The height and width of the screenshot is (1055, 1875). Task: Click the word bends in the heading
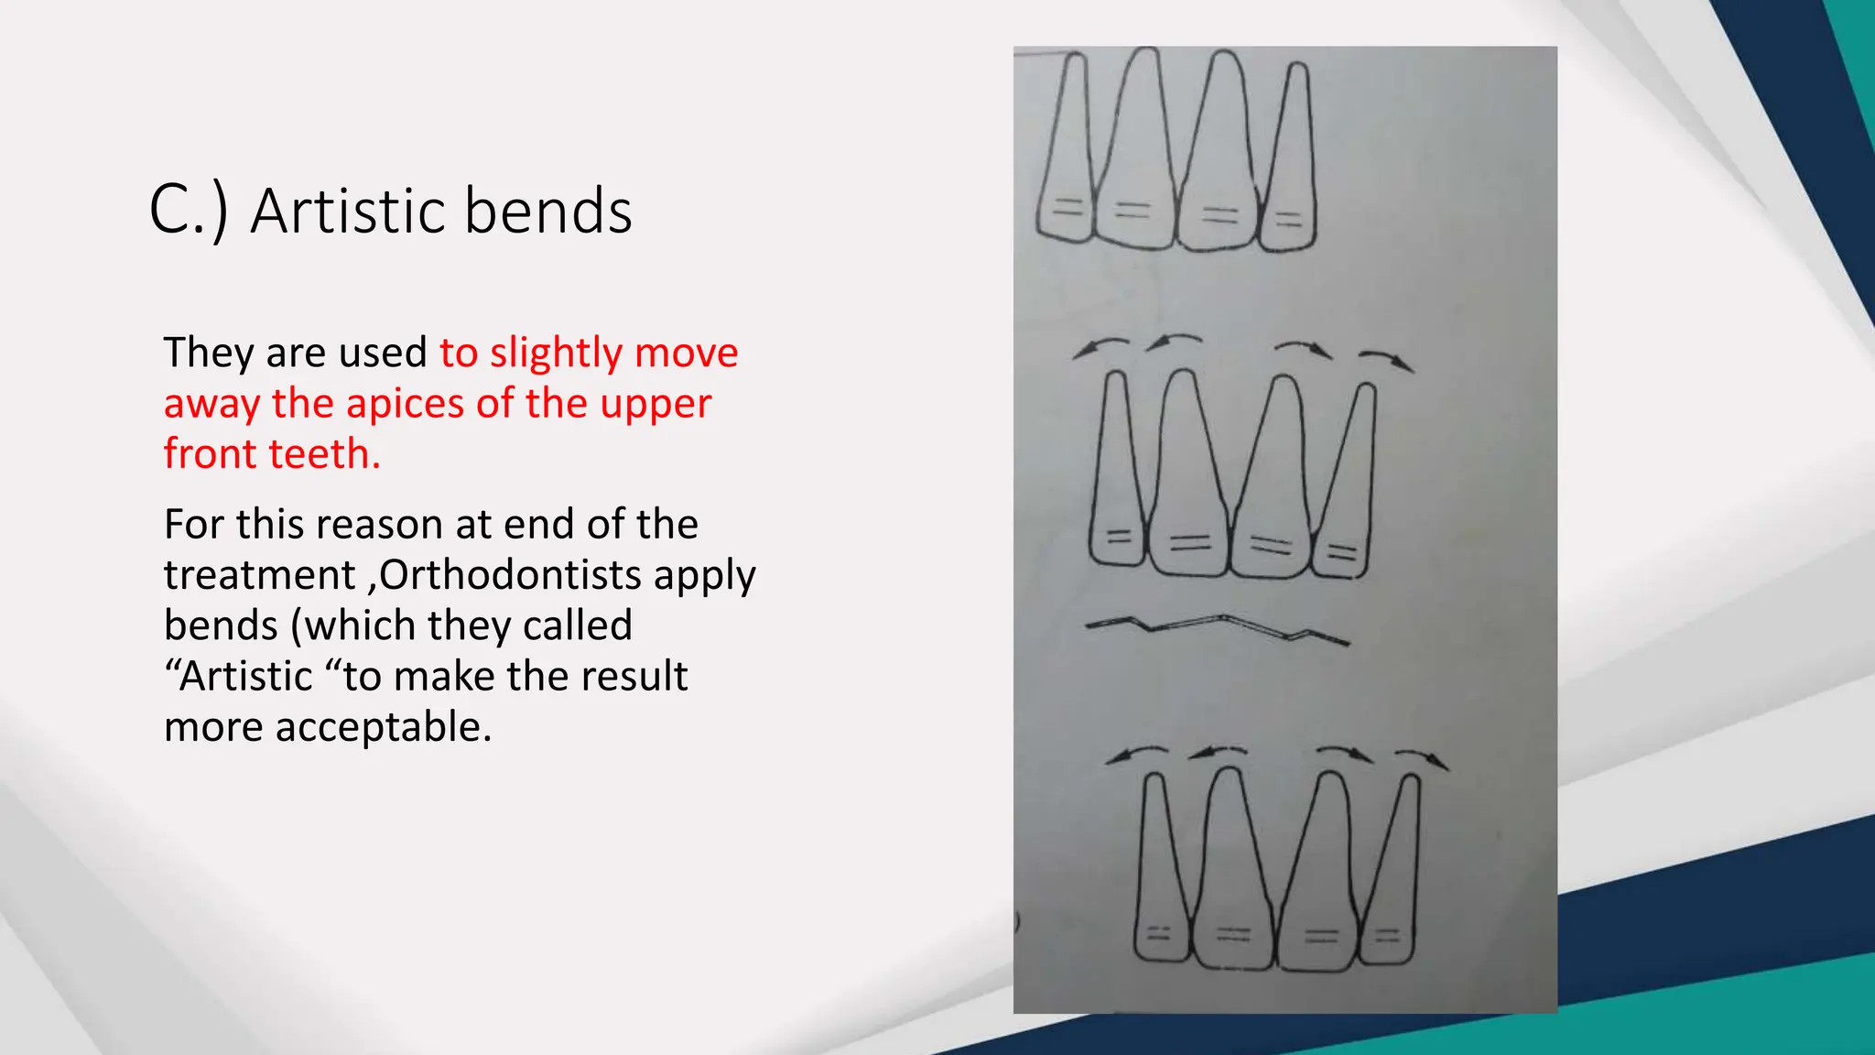(x=547, y=211)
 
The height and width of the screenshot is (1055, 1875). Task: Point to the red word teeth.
(x=331, y=454)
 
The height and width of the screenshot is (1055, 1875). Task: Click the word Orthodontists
(x=510, y=575)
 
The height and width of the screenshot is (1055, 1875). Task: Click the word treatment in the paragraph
(x=259, y=575)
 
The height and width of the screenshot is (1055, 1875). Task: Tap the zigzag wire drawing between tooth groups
(x=1218, y=629)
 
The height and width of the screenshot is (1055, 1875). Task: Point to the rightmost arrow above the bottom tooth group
(x=1421, y=759)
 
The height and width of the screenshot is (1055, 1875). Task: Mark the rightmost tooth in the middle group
(x=1346, y=485)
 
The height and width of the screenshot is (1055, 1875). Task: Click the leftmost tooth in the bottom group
(x=1161, y=870)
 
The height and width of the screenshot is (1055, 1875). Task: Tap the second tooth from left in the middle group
(x=1187, y=476)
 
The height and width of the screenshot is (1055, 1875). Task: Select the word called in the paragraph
(x=577, y=626)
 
